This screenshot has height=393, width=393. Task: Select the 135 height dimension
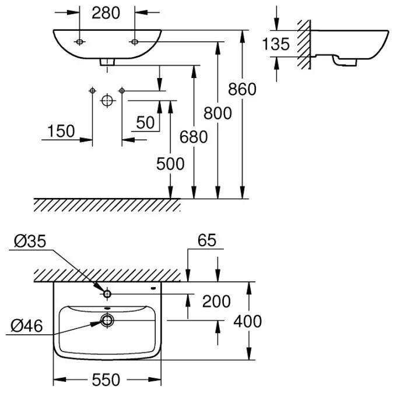(x=276, y=44)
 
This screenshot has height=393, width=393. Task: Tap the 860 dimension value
(x=242, y=89)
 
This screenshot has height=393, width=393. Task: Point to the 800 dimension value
(x=218, y=114)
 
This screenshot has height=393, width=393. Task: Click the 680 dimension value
(x=194, y=137)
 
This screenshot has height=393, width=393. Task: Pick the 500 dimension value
(x=170, y=164)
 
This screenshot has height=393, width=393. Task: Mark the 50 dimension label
(x=146, y=122)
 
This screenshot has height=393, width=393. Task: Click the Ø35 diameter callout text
(x=28, y=240)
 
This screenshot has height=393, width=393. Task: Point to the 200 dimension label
(x=216, y=301)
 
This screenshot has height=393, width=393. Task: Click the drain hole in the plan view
(x=107, y=319)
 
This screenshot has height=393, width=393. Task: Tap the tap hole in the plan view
(x=107, y=293)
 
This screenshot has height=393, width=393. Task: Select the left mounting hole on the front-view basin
(x=80, y=42)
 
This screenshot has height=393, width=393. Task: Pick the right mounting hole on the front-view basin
(x=135, y=42)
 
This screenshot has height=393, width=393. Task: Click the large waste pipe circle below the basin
(x=106, y=100)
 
